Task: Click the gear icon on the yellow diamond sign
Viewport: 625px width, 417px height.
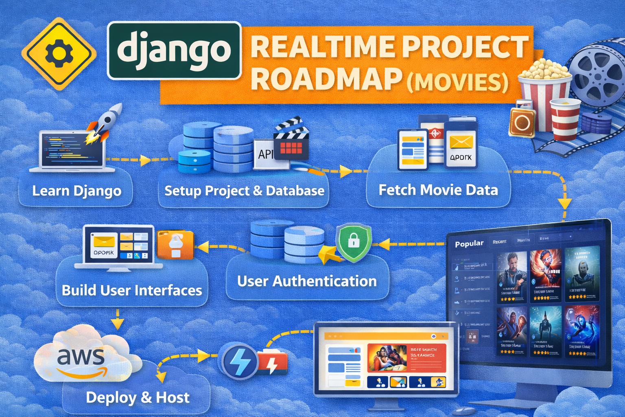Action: tap(59, 53)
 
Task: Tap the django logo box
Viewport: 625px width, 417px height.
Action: tap(174, 50)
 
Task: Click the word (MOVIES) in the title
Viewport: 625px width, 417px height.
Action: tap(458, 81)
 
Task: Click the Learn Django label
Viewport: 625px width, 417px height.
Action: tap(76, 191)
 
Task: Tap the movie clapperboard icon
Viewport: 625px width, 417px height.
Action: tap(291, 139)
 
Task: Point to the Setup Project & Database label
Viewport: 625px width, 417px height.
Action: tap(244, 191)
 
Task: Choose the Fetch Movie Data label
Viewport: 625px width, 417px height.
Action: tap(438, 190)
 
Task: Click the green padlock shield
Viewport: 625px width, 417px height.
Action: tap(354, 242)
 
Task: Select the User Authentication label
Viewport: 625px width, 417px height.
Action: tap(307, 281)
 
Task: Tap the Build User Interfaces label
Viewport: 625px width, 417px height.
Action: tap(132, 290)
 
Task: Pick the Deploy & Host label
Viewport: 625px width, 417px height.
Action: tap(138, 397)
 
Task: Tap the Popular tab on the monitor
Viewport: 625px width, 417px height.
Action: tap(469, 244)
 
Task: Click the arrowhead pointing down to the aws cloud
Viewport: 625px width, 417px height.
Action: tap(117, 324)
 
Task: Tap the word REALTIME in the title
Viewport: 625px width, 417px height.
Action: tap(321, 47)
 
